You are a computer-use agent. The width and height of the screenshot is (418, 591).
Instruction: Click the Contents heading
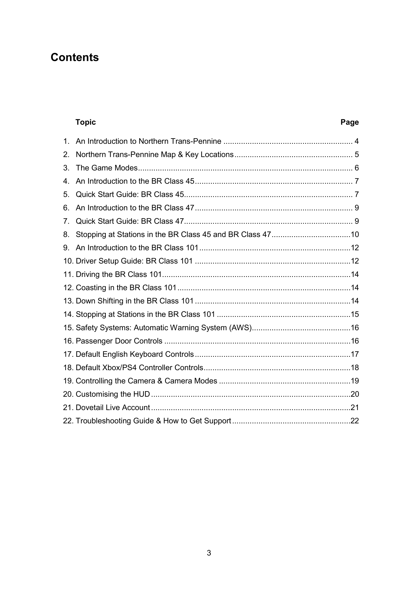click(75, 57)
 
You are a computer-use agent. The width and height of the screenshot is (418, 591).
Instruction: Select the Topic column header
click(85, 122)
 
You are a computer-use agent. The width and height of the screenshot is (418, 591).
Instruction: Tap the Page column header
click(349, 122)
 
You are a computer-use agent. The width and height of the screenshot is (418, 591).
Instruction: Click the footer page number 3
click(209, 553)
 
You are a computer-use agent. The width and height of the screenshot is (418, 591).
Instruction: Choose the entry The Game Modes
click(107, 168)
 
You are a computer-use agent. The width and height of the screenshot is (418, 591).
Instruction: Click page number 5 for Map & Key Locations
click(357, 154)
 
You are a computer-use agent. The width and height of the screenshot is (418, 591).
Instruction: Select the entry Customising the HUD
click(113, 394)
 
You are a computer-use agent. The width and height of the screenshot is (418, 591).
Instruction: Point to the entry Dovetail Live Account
click(113, 408)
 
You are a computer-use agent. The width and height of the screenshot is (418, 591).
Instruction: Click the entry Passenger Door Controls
click(119, 341)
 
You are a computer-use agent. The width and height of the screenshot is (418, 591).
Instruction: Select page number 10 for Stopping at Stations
click(355, 234)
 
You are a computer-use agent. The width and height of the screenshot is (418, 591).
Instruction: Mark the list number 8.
click(66, 234)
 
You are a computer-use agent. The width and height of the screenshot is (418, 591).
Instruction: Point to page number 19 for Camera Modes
click(355, 381)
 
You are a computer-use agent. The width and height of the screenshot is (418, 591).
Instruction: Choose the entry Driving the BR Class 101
click(119, 274)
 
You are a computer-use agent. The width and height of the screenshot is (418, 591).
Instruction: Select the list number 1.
click(66, 141)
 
